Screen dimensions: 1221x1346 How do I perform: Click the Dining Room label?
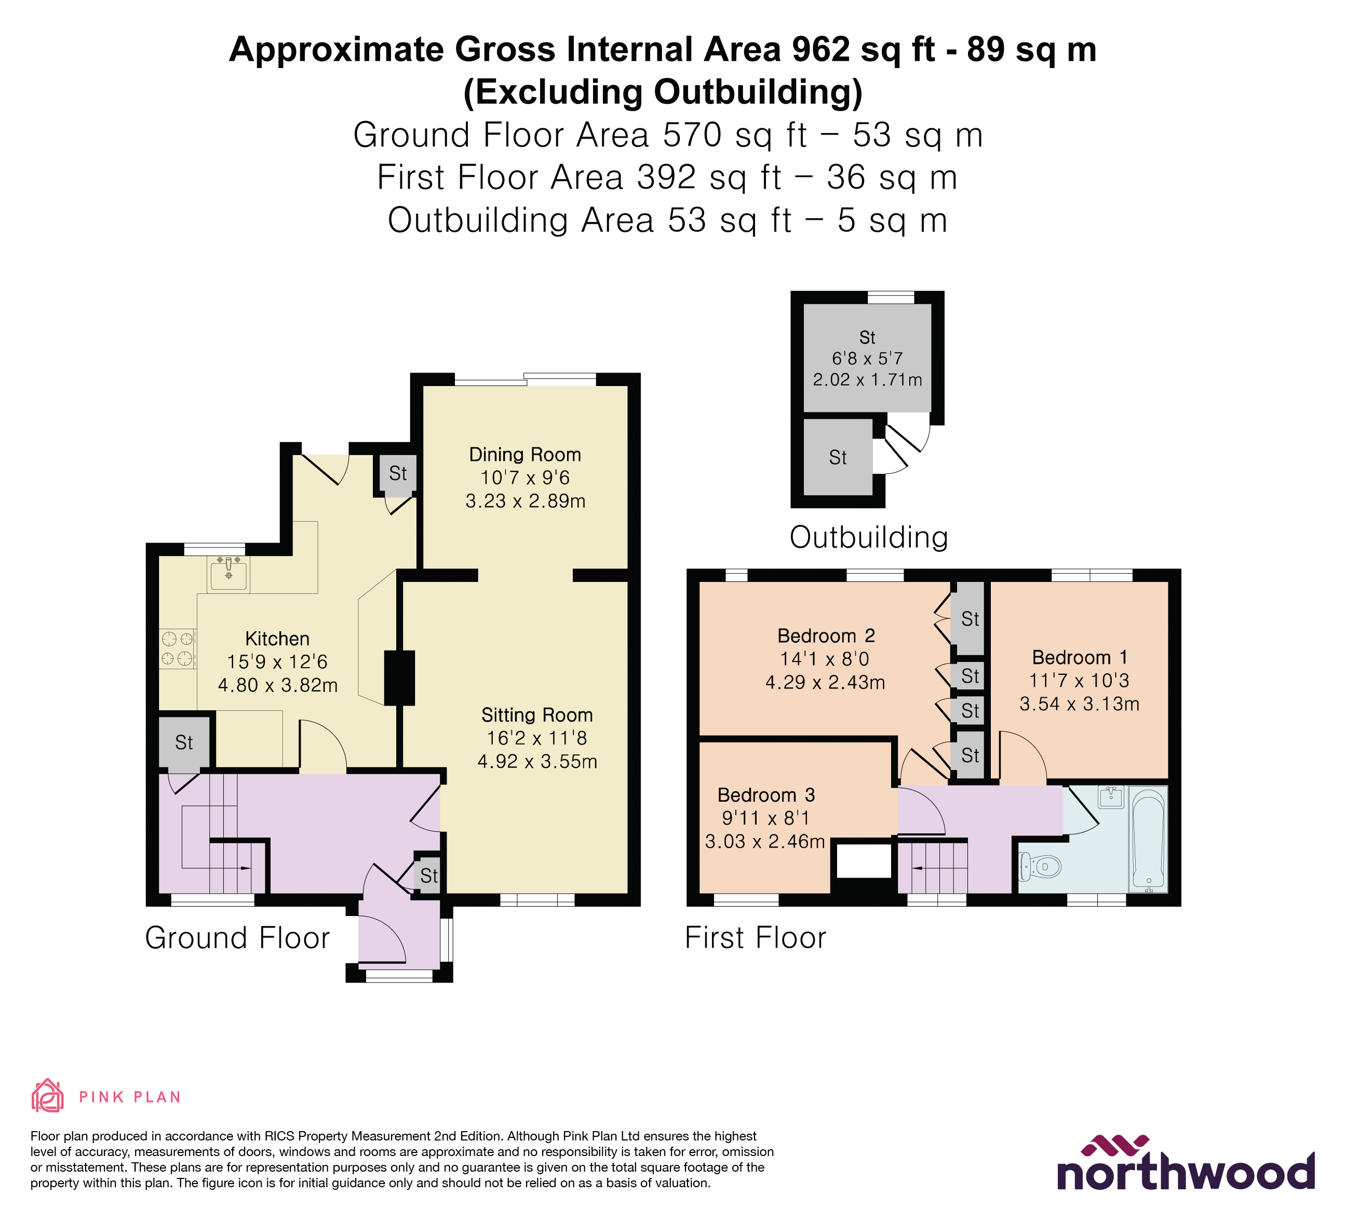(x=525, y=455)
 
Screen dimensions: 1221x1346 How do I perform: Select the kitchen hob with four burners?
(x=178, y=648)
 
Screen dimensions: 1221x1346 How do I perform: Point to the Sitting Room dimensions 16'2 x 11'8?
(x=537, y=738)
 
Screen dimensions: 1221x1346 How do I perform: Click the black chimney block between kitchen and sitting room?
(x=399, y=678)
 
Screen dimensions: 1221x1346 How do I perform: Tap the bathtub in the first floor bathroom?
(x=1148, y=839)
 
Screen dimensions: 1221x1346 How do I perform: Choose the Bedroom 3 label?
(x=766, y=795)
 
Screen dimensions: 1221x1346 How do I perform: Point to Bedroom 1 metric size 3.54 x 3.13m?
(x=1079, y=704)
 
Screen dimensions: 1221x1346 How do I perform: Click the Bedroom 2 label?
(x=826, y=636)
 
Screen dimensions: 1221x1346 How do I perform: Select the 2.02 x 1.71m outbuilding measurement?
(x=867, y=380)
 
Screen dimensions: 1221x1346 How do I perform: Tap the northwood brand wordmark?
(x=1185, y=1173)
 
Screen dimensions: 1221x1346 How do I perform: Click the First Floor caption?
(x=755, y=938)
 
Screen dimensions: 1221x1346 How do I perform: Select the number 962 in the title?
(x=820, y=50)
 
